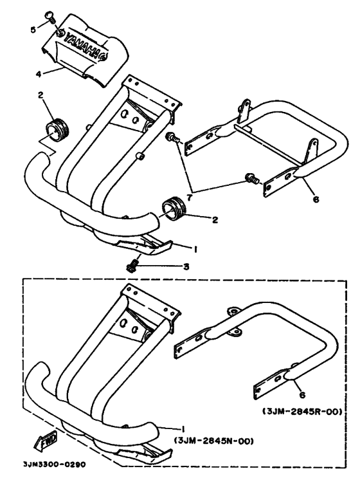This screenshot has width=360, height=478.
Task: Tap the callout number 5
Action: [x=33, y=30]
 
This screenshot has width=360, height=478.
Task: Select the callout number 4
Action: [x=39, y=74]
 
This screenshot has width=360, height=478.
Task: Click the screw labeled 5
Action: [x=51, y=17]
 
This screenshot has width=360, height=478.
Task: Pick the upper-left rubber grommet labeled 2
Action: [x=57, y=131]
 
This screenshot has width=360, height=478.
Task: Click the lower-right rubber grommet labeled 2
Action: [x=174, y=208]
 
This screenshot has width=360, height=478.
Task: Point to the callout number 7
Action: [x=190, y=198]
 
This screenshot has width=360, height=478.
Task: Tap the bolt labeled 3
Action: [x=133, y=266]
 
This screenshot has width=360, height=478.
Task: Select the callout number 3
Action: [x=186, y=267]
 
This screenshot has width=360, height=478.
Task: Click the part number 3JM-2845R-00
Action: [x=302, y=412]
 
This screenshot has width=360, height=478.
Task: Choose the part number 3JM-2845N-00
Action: [x=214, y=441]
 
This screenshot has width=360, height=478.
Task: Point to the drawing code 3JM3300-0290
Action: [x=55, y=464]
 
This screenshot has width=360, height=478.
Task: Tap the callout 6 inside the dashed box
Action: [x=302, y=395]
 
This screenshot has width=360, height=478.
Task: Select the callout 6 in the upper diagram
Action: [x=316, y=200]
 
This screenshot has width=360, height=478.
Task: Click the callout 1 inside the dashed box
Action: [x=183, y=429]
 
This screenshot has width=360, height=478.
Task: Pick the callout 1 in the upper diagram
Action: [x=195, y=250]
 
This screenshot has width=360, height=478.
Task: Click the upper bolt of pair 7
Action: [x=173, y=138]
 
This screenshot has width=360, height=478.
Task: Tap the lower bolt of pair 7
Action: [x=251, y=178]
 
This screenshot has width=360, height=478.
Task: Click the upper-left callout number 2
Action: [x=40, y=95]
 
